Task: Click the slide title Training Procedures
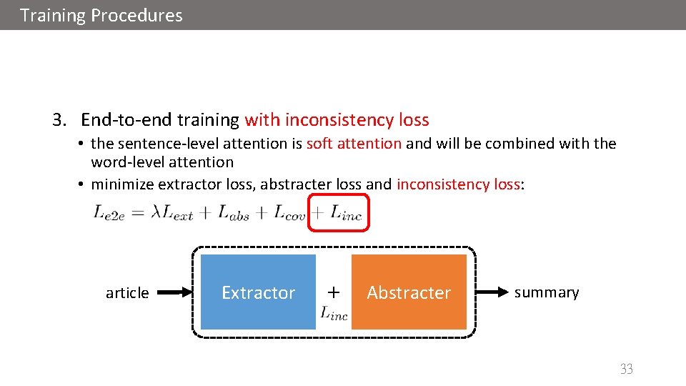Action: point(101,15)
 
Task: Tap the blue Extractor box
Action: point(258,292)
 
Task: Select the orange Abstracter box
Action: point(409,292)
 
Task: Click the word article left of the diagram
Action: point(127,293)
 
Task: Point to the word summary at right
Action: point(547,292)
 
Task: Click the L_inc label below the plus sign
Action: point(334,312)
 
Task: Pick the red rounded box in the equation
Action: point(339,212)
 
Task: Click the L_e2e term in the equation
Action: point(109,212)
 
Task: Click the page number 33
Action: point(626,369)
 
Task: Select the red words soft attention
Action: point(354,143)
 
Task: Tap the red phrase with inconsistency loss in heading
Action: point(337,119)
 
